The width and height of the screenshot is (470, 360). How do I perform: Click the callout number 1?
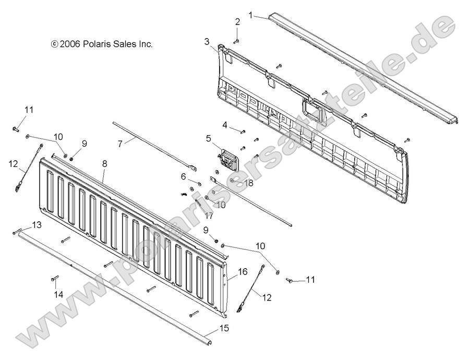(250, 16)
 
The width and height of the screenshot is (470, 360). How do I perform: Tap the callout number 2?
(237, 22)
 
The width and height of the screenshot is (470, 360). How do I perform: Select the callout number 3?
(207, 41)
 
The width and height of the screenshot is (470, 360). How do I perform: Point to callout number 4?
(225, 125)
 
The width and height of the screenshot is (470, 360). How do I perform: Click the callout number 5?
(208, 139)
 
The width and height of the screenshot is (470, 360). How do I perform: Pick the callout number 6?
(183, 177)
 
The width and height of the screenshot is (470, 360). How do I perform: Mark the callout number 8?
(105, 164)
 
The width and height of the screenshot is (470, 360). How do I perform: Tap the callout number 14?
(59, 295)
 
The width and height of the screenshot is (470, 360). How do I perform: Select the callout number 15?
(224, 329)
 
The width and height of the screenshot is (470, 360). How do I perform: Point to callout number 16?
(243, 272)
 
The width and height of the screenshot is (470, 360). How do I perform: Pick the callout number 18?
(248, 183)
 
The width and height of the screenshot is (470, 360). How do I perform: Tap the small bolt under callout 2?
(235, 40)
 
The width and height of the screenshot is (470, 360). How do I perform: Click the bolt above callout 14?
(54, 280)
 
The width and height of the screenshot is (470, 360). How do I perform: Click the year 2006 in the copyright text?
(69, 44)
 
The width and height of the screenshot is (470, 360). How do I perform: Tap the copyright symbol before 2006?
(54, 45)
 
